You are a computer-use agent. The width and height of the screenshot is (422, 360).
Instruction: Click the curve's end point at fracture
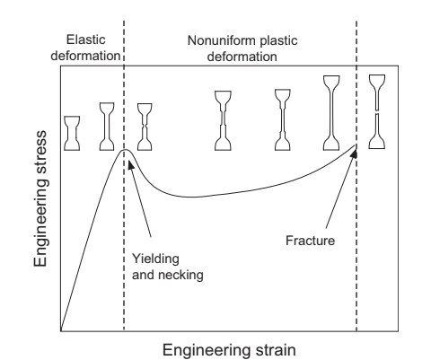point(356,146)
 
